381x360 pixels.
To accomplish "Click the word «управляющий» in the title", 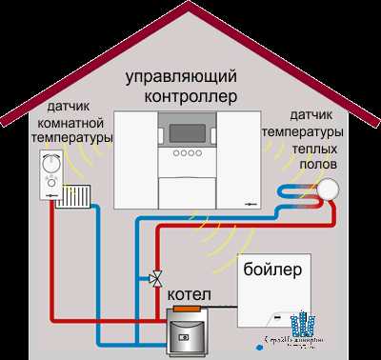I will (x=190, y=76).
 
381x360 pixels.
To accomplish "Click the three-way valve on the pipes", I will (x=153, y=280).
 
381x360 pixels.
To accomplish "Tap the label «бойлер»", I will (x=272, y=270).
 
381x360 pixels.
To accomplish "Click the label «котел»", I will (x=189, y=297).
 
